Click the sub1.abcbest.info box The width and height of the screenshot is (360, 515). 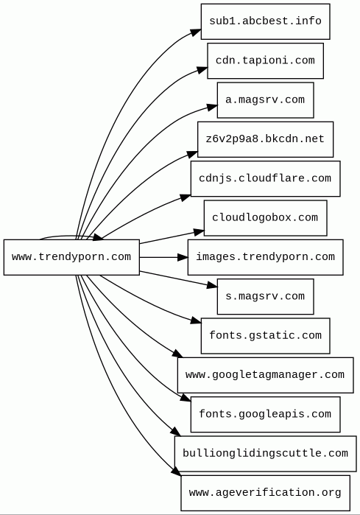[265, 21]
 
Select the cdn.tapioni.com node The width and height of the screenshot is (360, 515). [265, 60]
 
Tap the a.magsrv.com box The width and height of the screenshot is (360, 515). [265, 100]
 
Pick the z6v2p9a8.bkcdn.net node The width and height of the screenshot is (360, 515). [265, 139]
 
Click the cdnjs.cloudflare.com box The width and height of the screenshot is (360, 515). [265, 179]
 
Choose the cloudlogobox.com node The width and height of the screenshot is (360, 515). [265, 218]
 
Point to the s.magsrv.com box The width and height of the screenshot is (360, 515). [265, 297]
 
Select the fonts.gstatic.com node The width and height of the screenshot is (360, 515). [265, 336]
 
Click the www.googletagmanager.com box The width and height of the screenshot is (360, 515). [265, 375]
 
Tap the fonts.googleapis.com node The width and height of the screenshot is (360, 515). [265, 414]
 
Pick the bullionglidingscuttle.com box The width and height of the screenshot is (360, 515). [265, 454]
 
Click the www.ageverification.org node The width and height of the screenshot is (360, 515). [265, 493]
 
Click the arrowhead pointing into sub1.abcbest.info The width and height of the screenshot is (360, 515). [196, 32]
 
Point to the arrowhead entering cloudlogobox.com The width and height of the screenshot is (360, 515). [199, 232]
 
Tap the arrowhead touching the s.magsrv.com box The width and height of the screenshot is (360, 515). [212, 285]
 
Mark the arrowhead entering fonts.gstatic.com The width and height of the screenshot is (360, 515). [196, 321]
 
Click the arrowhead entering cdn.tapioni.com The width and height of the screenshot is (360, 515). [202, 70]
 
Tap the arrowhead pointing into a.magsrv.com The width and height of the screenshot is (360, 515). [212, 107]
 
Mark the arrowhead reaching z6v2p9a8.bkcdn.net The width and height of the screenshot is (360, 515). [192, 154]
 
